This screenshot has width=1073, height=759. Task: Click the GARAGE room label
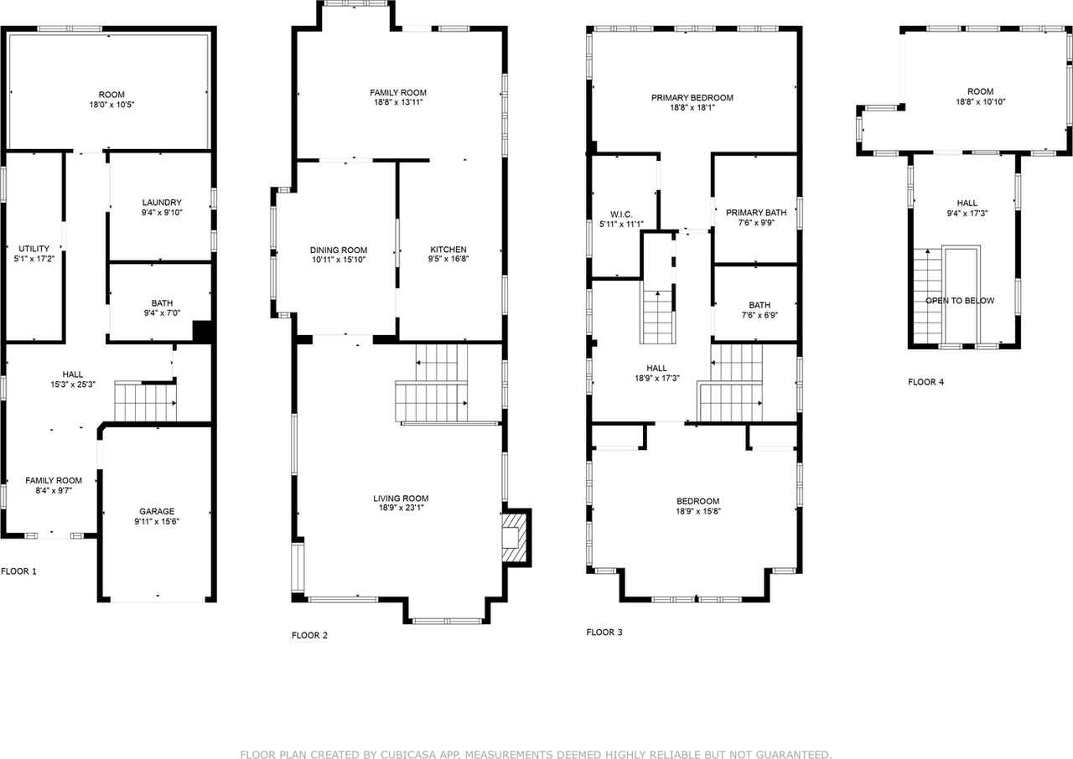click(x=157, y=511)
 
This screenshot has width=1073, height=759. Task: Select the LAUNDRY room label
click(x=162, y=203)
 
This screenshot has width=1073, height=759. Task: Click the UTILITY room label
click(x=34, y=249)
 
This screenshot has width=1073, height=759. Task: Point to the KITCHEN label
click(x=448, y=250)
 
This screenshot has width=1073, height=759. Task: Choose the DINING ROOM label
click(x=339, y=250)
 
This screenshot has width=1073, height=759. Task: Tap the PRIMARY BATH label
click(x=756, y=213)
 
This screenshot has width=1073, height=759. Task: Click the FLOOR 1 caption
click(x=18, y=571)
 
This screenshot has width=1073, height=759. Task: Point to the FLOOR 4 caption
click(x=925, y=382)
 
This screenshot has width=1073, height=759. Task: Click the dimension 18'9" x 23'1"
click(x=401, y=509)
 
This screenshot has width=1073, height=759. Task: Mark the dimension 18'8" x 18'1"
click(x=692, y=107)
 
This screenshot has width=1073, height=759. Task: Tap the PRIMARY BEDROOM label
click(x=692, y=97)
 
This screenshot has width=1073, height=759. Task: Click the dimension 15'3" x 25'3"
click(x=73, y=385)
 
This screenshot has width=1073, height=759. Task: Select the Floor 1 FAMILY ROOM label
click(x=54, y=480)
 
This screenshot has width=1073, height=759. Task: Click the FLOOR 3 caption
click(x=604, y=632)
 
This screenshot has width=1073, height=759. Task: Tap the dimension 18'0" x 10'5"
click(x=111, y=106)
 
